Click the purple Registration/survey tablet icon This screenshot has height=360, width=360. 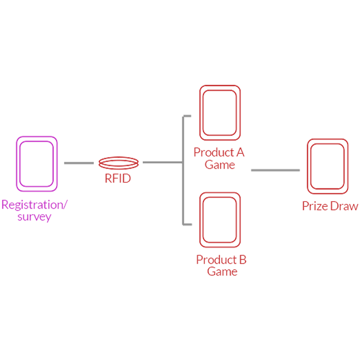pyautogui.click(x=37, y=164)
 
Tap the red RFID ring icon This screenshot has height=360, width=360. pyautogui.click(x=119, y=163)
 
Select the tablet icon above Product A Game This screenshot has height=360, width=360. pyautogui.click(x=220, y=112)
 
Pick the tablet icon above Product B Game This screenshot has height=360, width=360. pyautogui.click(x=220, y=219)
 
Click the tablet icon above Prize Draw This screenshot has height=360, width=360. pyautogui.click(x=327, y=166)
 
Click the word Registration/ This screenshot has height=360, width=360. pyautogui.click(x=34, y=205)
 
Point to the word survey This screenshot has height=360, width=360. pyautogui.click(x=34, y=217)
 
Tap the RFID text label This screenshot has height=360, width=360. pyautogui.click(x=118, y=178)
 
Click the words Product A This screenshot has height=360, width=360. pyautogui.click(x=219, y=152)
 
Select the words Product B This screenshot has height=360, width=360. pyautogui.click(x=221, y=260)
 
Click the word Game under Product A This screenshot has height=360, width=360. pyautogui.click(x=220, y=165)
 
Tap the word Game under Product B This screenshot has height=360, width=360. pyautogui.click(x=222, y=271)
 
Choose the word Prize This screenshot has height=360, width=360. pyautogui.click(x=315, y=206)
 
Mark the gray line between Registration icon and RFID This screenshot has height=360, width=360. pyautogui.click(x=79, y=163)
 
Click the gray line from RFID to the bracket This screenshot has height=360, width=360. pyautogui.click(x=162, y=163)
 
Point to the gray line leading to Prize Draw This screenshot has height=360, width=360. pyautogui.click(x=275, y=170)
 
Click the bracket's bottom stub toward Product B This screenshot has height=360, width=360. pyautogui.click(x=187, y=225)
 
